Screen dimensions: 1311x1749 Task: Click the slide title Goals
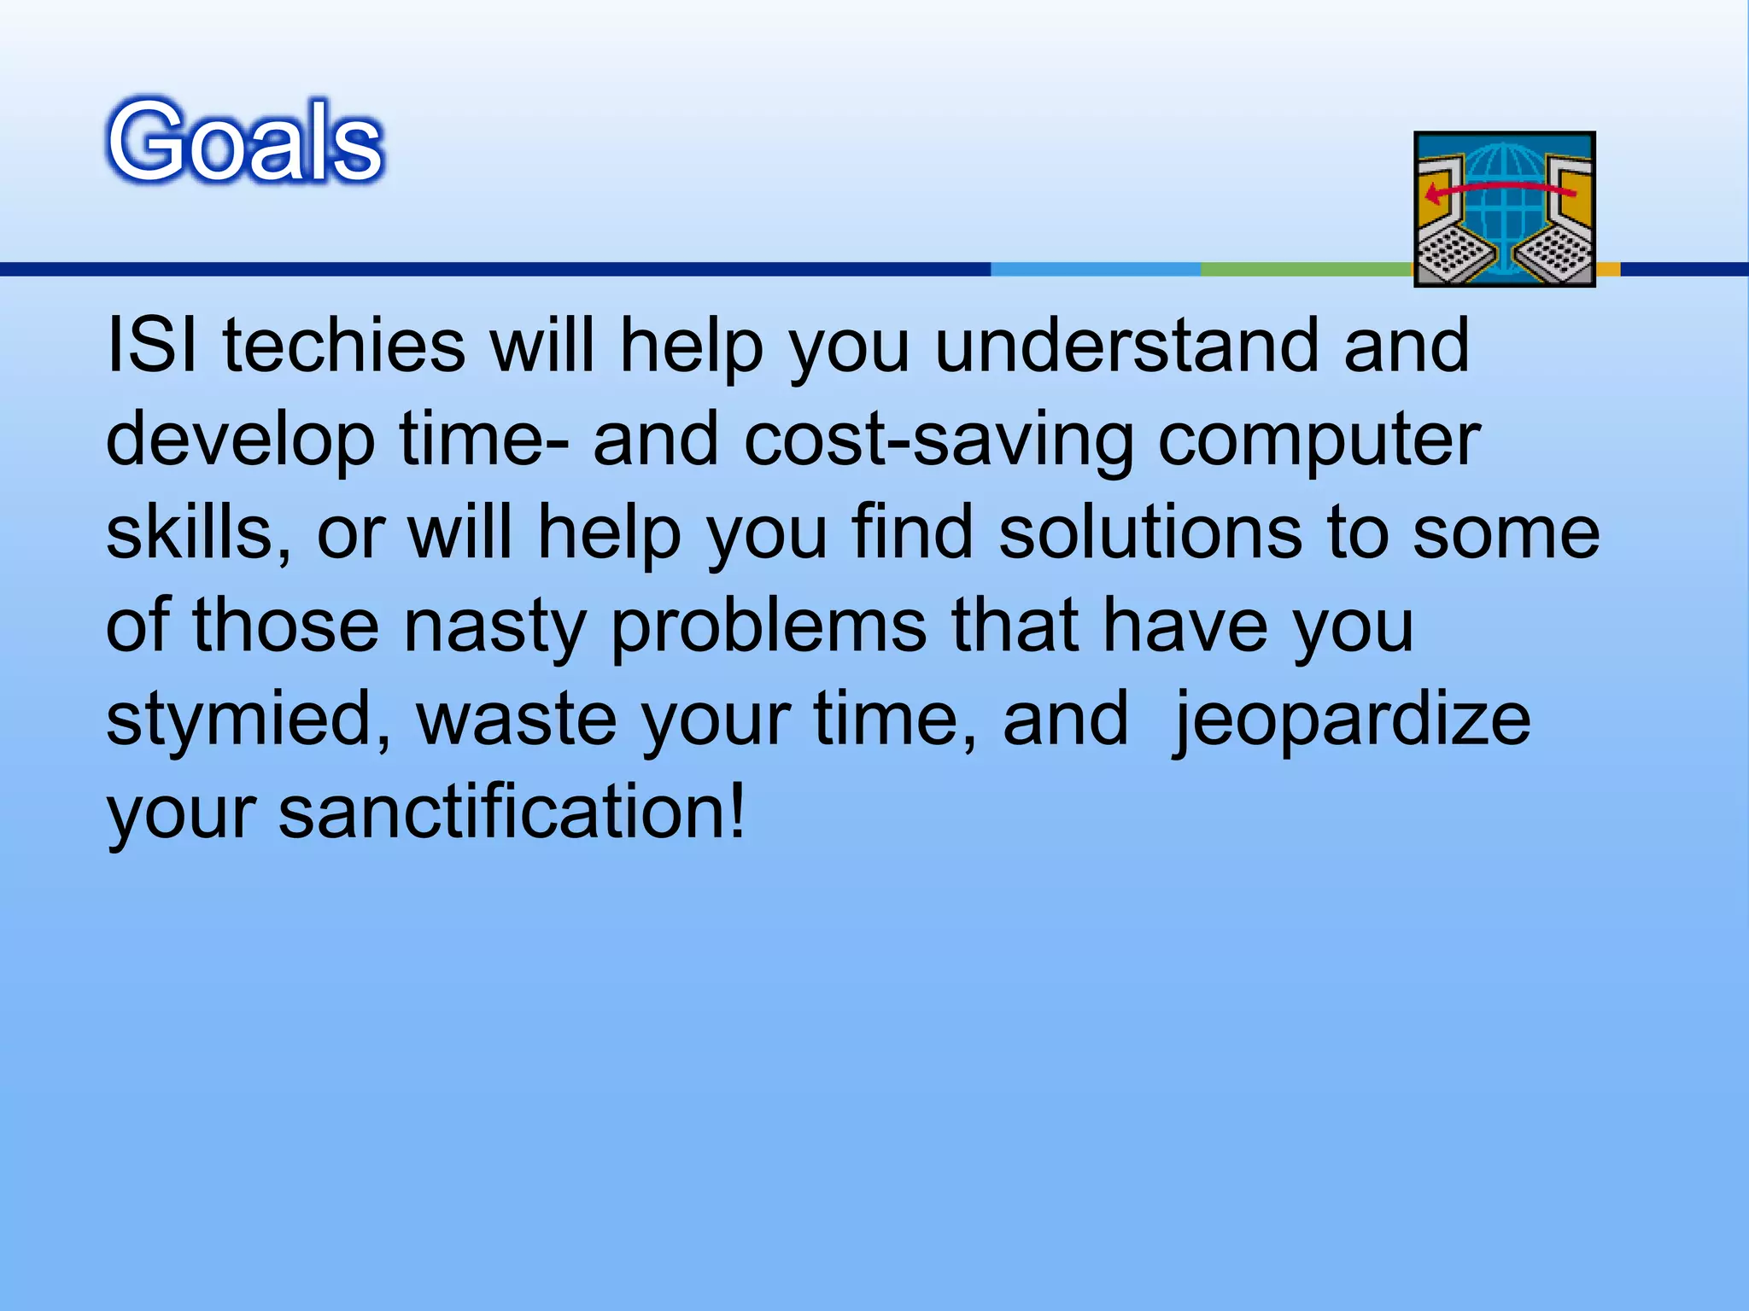point(246,141)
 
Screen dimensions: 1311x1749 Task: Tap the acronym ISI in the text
point(151,346)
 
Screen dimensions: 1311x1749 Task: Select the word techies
point(343,346)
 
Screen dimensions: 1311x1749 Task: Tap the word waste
point(517,720)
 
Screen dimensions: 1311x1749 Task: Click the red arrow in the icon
point(1499,189)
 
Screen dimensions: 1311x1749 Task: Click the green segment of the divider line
point(1305,270)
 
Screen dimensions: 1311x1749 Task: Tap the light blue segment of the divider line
point(1096,270)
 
